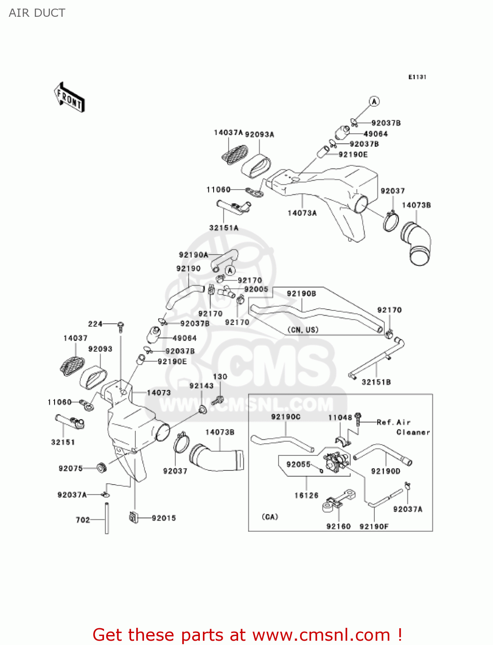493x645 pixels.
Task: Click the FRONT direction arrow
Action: coord(69,98)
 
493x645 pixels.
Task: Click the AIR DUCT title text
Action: coord(37,13)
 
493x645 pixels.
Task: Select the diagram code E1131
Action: coord(417,77)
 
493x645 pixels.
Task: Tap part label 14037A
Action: coord(228,132)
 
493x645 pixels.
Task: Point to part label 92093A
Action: coord(259,134)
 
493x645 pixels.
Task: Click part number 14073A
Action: coord(302,213)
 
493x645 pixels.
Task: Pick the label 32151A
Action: coord(224,228)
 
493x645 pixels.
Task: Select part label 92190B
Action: coord(301,294)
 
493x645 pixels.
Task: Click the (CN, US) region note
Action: coord(303,330)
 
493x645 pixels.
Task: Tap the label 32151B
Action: coord(376,382)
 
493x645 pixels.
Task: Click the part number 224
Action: coord(95,324)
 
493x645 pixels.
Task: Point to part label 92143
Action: coord(202,386)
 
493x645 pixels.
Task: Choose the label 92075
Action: coord(70,468)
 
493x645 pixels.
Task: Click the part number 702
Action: coord(83,520)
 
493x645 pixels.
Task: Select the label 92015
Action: coord(164,518)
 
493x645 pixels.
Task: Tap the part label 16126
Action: coord(306,495)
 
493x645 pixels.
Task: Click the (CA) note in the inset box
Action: coord(270,517)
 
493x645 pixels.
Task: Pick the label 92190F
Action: coord(374,526)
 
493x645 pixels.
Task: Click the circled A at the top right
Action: coord(374,101)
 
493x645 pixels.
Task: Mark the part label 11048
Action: coord(340,418)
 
